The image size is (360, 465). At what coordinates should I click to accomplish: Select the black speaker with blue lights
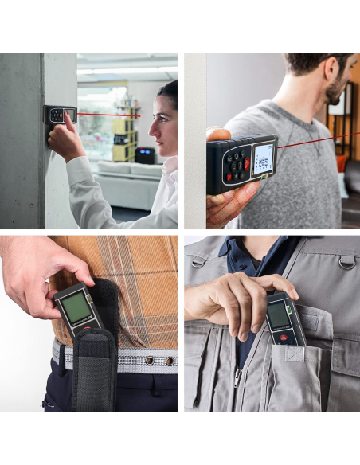coord(144,154)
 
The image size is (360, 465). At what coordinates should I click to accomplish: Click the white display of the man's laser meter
coord(262,158)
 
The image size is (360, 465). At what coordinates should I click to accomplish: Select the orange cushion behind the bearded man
coord(342,163)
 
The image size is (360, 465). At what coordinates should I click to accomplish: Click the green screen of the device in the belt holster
coord(76,307)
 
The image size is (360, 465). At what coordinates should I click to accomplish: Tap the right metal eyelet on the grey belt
coord(169,360)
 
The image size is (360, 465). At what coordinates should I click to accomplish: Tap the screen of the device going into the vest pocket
coord(278,316)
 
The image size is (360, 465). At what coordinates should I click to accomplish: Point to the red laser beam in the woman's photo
coord(108,115)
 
